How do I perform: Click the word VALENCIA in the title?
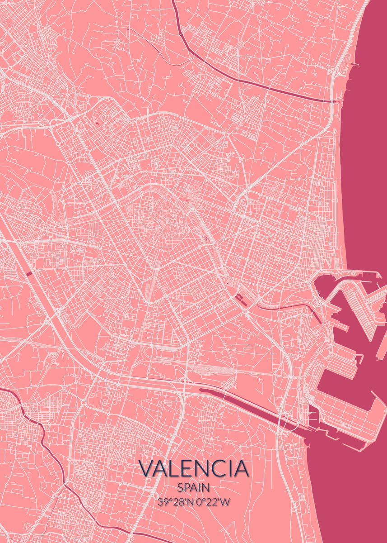[x=194, y=468]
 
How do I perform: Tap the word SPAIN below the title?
[x=194, y=488]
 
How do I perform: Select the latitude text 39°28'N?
[x=174, y=501]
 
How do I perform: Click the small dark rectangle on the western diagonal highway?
[x=29, y=273]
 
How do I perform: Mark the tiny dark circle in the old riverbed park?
[x=206, y=236]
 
